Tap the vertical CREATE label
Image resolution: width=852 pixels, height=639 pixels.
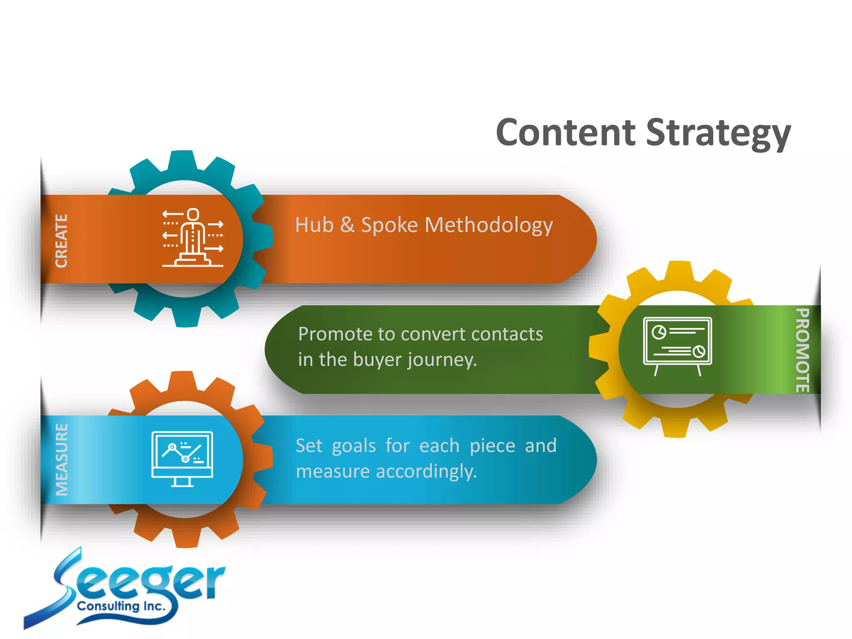click(62, 241)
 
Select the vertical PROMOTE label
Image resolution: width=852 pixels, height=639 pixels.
click(802, 350)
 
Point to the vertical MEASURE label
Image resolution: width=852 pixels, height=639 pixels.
click(62, 460)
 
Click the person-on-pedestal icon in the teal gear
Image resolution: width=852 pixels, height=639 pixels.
click(193, 238)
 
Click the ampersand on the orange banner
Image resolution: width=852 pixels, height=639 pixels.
click(347, 225)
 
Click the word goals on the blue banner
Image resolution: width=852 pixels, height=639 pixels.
click(354, 446)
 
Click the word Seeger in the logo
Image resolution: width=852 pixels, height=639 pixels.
click(137, 582)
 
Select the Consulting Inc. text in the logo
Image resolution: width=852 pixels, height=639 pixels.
click(121, 606)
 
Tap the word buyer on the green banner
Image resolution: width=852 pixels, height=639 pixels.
click(378, 360)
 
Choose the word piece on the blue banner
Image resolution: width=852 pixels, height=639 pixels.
click(492, 446)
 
